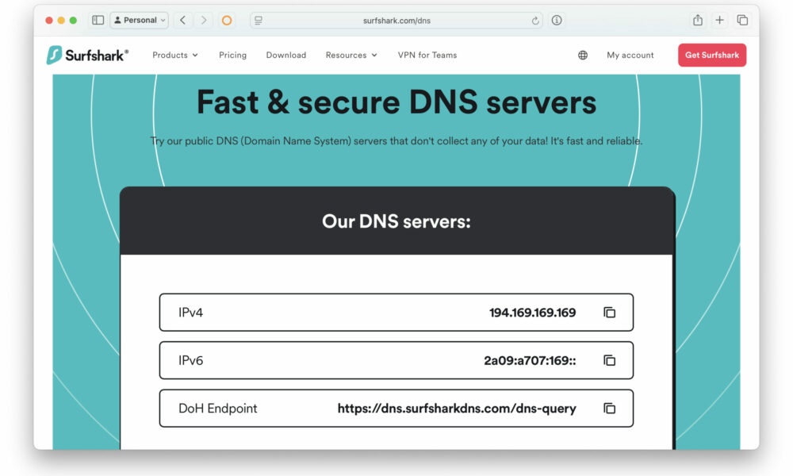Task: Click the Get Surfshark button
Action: [711, 56]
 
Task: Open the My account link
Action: [630, 56]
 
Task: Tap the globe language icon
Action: [583, 56]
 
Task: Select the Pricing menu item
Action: [232, 56]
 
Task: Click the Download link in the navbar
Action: [285, 56]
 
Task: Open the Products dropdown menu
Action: [175, 56]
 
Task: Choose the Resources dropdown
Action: [351, 56]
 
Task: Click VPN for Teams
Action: [427, 56]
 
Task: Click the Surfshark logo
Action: [87, 55]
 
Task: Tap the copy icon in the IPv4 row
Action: [609, 313]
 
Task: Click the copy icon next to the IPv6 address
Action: [609, 360]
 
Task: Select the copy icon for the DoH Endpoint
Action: [609, 409]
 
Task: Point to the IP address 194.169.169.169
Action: [532, 313]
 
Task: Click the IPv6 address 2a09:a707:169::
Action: [530, 361]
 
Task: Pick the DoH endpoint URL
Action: [457, 409]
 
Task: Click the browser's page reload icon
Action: [535, 21]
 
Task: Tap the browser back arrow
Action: [182, 21]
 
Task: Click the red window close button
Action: [49, 21]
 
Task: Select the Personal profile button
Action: [139, 21]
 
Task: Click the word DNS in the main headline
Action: [443, 102]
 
